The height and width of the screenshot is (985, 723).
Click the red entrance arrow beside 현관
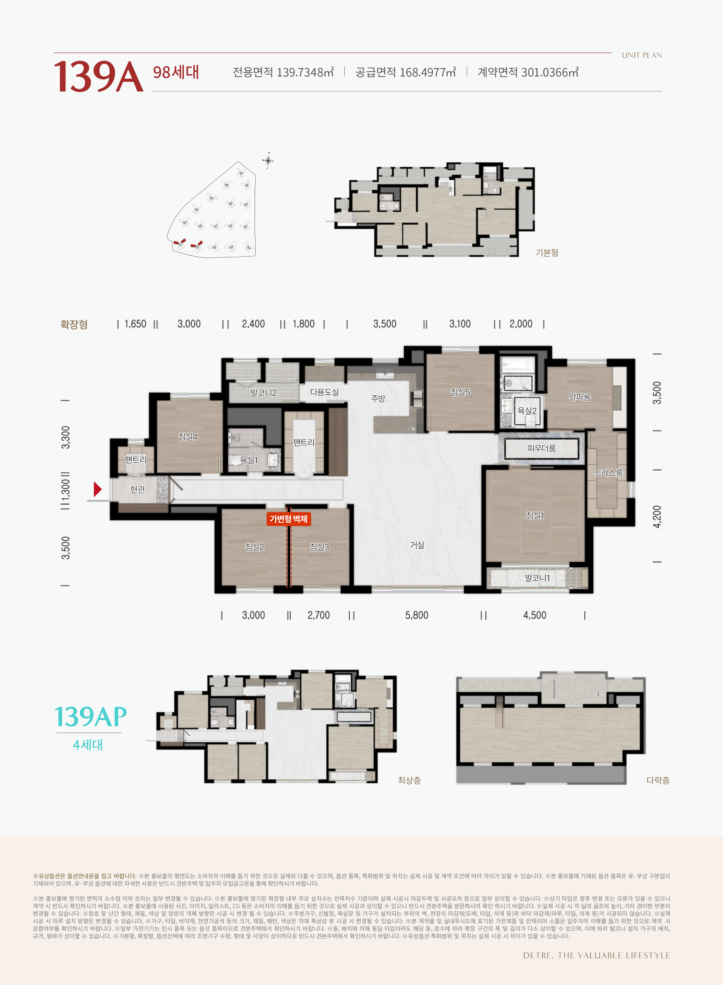click(x=98, y=489)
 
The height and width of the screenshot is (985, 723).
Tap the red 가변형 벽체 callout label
click(x=288, y=519)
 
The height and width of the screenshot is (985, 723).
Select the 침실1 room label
click(x=535, y=516)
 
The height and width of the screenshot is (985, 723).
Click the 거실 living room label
click(x=417, y=545)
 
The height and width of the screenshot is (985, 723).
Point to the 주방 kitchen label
click(x=378, y=398)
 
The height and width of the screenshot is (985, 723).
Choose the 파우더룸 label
click(x=541, y=448)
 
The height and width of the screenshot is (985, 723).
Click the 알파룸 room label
click(x=579, y=397)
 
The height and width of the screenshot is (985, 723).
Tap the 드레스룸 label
click(x=608, y=473)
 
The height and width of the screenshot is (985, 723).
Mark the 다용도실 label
click(x=324, y=392)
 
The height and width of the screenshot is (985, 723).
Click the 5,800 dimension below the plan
click(x=417, y=616)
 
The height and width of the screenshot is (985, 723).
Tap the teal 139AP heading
click(x=91, y=717)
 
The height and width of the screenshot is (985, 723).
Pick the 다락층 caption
click(x=658, y=780)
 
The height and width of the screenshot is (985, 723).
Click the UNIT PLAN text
click(x=641, y=55)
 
